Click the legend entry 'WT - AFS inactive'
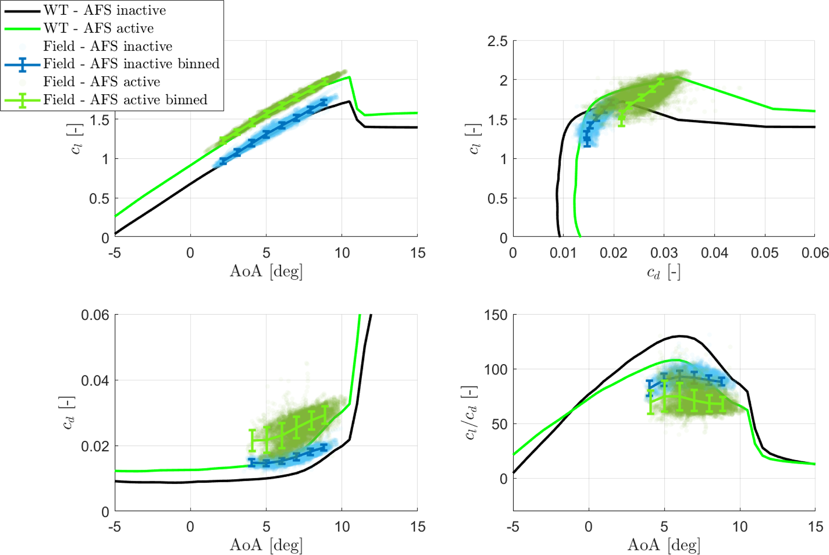click(x=104, y=10)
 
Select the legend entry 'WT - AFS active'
click(x=98, y=28)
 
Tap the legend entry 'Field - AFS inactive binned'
click(x=131, y=64)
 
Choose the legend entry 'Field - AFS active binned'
click(x=125, y=99)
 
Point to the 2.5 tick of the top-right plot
click(x=497, y=41)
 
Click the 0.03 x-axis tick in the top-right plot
click(x=664, y=253)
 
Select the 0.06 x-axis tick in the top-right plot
click(x=815, y=253)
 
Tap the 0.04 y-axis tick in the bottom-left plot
click(x=95, y=380)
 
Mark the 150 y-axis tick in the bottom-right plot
click(x=496, y=315)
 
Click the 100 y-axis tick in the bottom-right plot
click(x=496, y=369)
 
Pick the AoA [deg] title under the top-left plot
click(x=266, y=272)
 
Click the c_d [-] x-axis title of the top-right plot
click(x=664, y=273)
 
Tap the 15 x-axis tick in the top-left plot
click(x=418, y=253)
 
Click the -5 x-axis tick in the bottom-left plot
click(x=115, y=527)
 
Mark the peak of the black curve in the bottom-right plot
click(x=680, y=336)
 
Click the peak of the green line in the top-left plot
click(x=350, y=77)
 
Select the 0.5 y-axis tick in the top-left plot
click(x=99, y=199)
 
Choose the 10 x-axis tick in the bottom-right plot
click(x=740, y=527)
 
